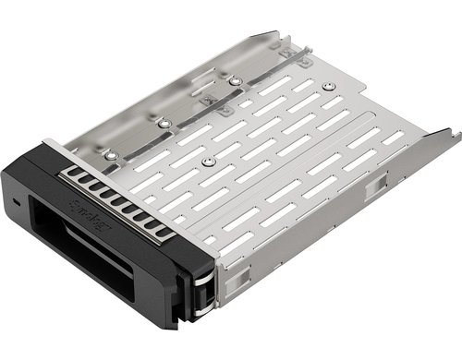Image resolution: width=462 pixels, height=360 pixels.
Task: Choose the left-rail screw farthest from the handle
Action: (235, 81)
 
